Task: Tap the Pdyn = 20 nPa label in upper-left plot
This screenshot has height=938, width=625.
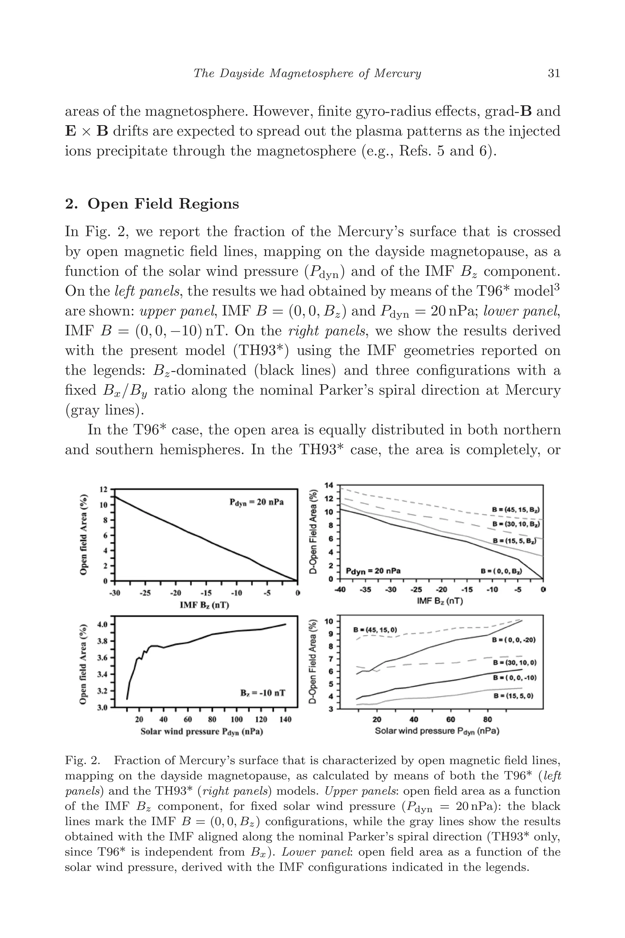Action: (x=256, y=502)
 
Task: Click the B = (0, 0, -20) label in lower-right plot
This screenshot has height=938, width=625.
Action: (x=513, y=640)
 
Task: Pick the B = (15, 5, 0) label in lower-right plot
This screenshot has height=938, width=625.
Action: (x=513, y=696)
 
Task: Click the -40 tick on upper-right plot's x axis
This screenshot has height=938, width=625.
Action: (x=340, y=589)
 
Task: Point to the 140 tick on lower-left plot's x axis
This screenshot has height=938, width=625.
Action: (x=285, y=719)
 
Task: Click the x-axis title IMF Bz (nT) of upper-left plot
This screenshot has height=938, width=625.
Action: (x=204, y=605)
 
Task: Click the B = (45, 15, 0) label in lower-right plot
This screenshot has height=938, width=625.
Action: (x=375, y=630)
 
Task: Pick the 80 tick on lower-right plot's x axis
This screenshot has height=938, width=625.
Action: (x=487, y=719)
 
